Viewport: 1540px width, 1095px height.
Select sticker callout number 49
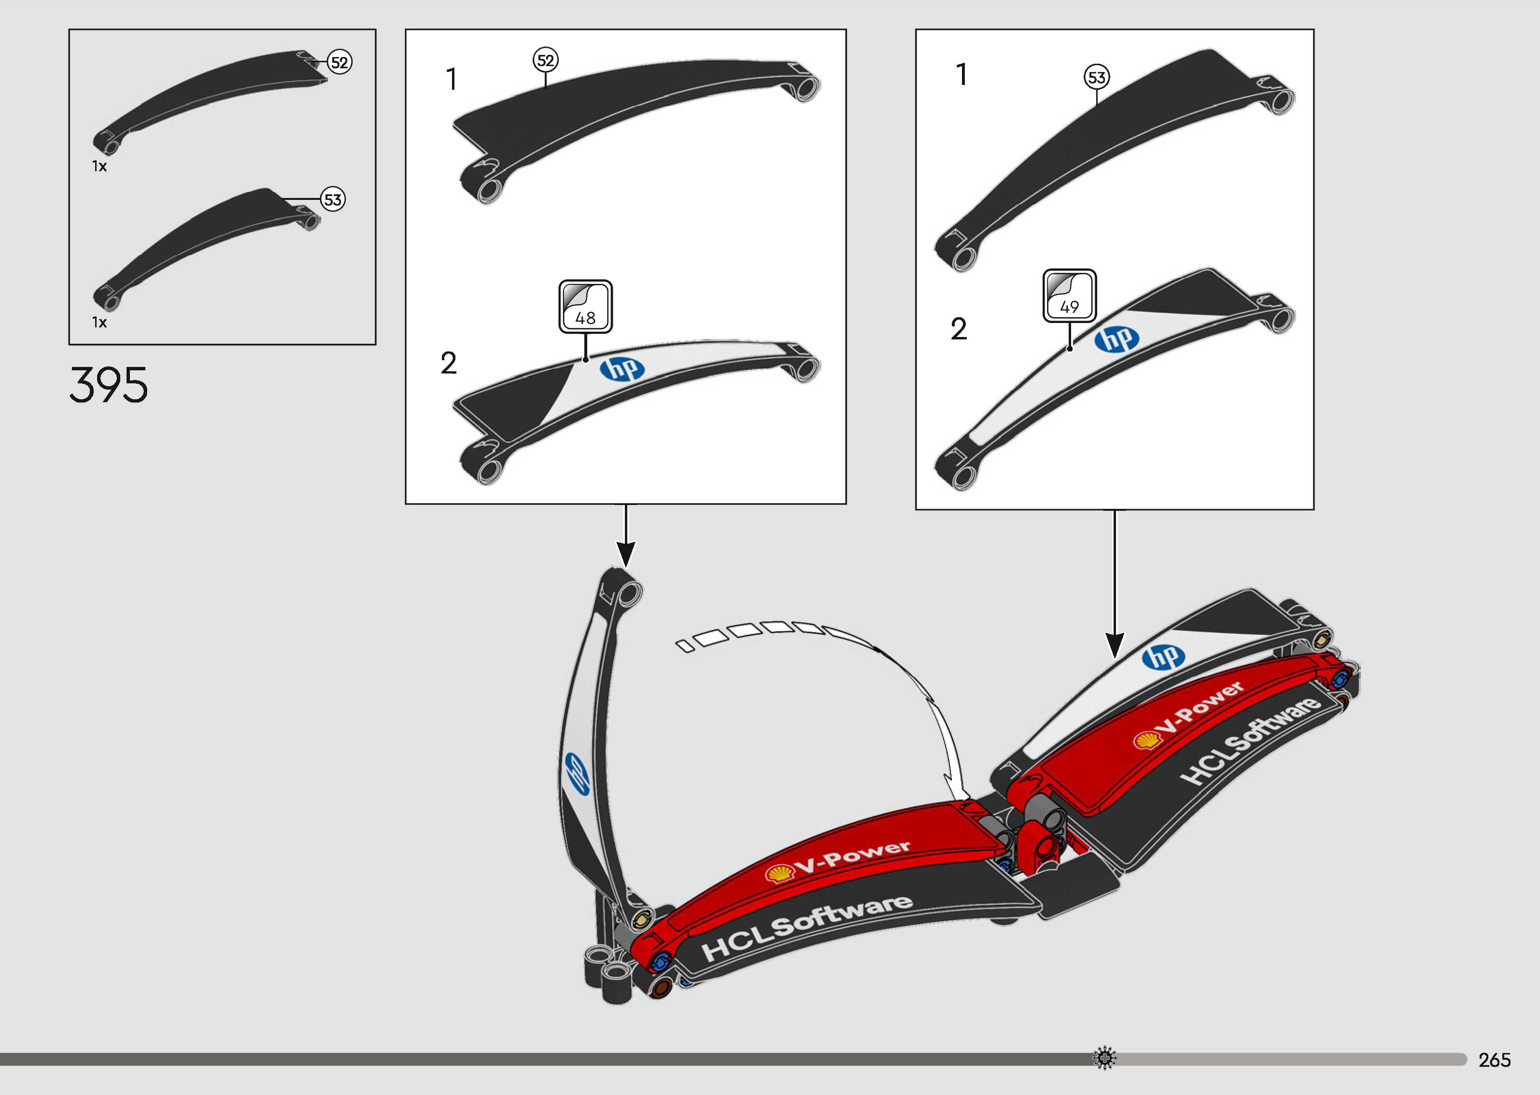1069,296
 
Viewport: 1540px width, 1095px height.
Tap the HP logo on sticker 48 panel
622,369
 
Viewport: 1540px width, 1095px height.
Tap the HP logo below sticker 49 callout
1116,339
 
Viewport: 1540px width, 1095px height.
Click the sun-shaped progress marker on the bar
1104,1058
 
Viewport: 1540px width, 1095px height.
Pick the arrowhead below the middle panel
626,556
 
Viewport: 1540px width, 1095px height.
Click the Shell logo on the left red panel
779,874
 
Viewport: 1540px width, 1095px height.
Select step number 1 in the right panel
962,75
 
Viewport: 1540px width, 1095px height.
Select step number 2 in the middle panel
448,364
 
